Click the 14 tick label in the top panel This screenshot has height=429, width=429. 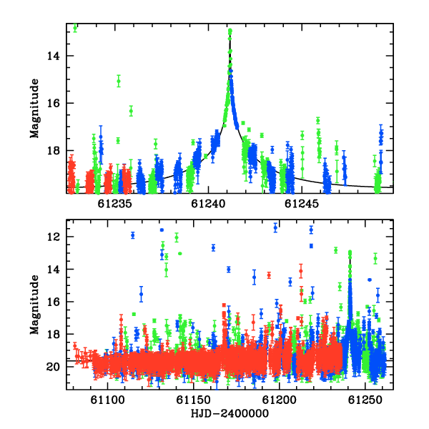click(53, 56)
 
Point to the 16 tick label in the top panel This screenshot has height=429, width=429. click(53, 104)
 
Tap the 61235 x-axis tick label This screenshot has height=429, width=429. click(114, 204)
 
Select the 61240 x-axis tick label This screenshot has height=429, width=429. click(208, 204)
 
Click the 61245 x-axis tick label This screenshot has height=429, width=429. click(302, 204)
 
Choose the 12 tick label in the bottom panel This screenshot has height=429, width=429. click(53, 237)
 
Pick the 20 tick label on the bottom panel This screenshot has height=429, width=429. click(53, 367)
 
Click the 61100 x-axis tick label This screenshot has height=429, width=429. click(108, 400)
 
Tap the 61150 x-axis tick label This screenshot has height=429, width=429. click(194, 400)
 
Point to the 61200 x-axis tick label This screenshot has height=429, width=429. click(280, 400)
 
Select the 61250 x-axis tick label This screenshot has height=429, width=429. click(365, 400)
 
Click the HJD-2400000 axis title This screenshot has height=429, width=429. click(230, 413)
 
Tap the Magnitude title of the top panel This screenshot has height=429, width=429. click(35, 109)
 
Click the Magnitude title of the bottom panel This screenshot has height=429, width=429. click(35, 305)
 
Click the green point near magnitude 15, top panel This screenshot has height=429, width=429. click(119, 81)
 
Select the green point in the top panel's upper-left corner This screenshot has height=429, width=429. click(75, 27)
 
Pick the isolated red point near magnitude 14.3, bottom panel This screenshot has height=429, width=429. click(269, 275)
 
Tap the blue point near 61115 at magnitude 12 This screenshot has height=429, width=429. click(133, 235)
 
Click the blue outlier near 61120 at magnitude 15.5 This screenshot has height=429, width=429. click(141, 294)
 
